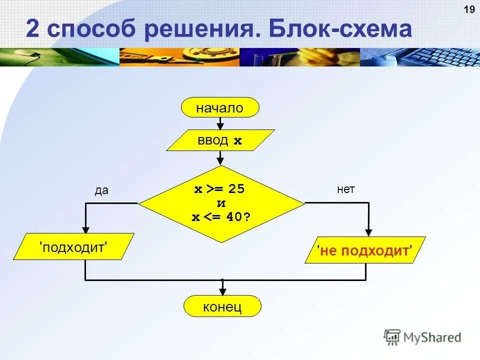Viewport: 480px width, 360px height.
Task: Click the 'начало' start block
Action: pos(220,107)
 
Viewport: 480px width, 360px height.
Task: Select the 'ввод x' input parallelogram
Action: pos(220,140)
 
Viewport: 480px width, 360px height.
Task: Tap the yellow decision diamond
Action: pos(221,203)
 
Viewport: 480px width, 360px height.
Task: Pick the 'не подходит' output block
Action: pos(365,249)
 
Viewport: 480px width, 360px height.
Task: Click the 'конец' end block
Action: pos(222,306)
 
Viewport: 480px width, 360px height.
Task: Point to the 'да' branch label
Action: pos(101,191)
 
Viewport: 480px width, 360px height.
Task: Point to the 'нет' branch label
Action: pos(346,189)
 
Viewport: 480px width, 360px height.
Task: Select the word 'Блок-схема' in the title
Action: pos(340,30)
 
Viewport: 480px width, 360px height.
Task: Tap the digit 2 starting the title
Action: pos(32,30)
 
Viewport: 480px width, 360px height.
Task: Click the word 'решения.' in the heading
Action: pos(202,30)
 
